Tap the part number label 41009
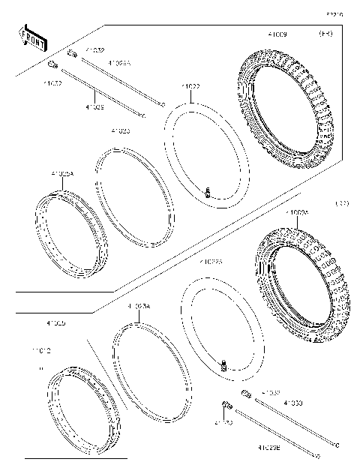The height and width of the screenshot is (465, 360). pos(277,34)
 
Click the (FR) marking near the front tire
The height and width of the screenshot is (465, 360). pos(325,34)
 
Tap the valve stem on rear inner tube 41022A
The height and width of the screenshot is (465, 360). pos(222,364)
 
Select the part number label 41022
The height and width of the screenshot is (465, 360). pos(190,87)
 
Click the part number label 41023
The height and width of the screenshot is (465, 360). pos(120,130)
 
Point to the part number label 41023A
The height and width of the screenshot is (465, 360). pos(139,306)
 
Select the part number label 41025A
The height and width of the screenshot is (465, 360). pos(62,174)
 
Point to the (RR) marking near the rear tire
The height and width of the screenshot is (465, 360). pos(341,203)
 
